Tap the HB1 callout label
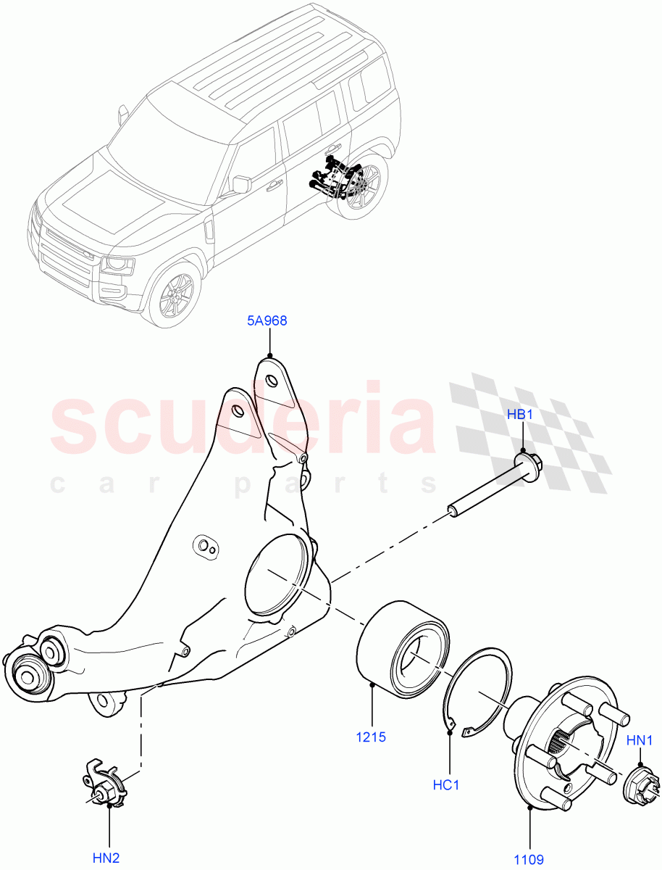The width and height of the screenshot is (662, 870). (x=520, y=415)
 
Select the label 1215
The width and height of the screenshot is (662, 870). (x=371, y=737)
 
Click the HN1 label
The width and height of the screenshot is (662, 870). (x=640, y=740)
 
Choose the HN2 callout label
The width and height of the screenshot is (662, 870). (x=106, y=858)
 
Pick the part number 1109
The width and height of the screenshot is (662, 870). (x=529, y=859)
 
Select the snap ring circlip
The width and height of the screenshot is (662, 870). (x=478, y=692)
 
